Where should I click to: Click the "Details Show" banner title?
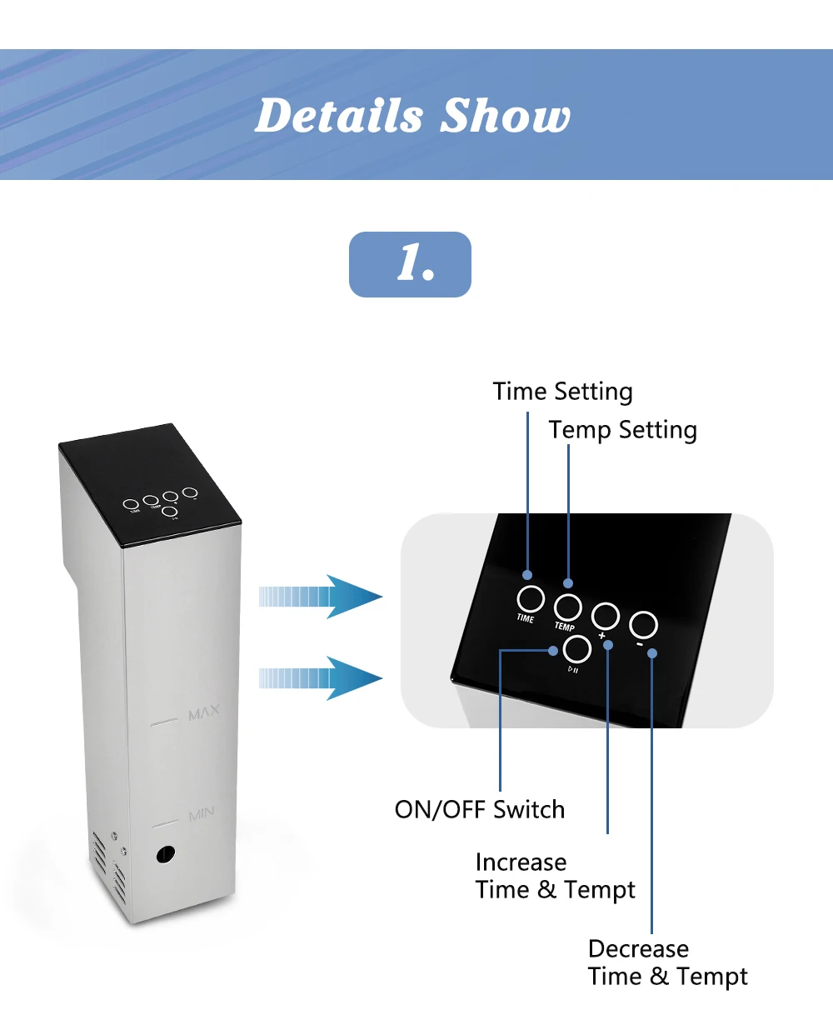412,116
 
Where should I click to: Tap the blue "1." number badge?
410,264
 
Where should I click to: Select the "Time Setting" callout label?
562,392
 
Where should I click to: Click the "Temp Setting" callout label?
622,430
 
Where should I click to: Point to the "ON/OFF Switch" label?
480,809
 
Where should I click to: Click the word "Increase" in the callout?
521,862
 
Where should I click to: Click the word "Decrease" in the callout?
638,948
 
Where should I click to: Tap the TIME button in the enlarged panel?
530,598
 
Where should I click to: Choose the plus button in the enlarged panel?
606,616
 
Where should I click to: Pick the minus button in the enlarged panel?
643,624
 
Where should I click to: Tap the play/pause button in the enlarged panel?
577,648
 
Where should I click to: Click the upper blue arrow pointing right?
321,596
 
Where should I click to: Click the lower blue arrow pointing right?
321,677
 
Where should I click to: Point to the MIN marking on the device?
201,813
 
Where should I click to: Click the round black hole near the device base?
166,853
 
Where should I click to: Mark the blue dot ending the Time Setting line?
527,575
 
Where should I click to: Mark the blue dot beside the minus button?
652,653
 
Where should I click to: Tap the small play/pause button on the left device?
169,510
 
